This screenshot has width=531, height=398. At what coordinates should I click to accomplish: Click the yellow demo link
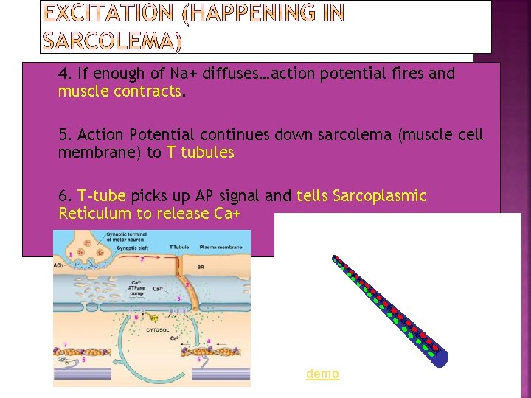coord(323,374)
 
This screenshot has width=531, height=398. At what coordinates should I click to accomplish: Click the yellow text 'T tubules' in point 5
coord(200,153)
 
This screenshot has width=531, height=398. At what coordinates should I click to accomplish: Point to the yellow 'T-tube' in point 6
coord(104,196)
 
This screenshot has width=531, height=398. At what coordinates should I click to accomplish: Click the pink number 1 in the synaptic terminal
coord(71,254)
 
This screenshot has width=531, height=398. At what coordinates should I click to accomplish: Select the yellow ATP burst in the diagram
coord(153,318)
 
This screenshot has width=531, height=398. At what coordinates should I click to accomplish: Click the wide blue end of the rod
coord(440,358)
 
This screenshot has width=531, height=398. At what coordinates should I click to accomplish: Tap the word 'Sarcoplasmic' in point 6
coord(380,196)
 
